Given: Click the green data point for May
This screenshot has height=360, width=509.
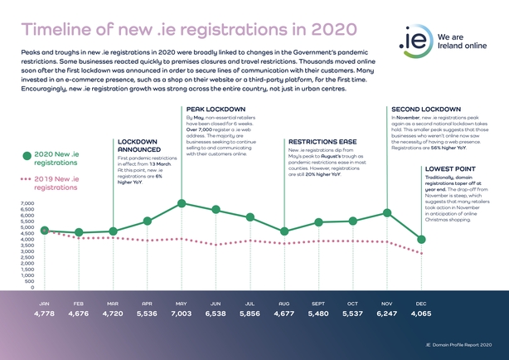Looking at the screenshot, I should [x=182, y=203].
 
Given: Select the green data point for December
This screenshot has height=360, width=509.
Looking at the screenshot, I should [x=422, y=240].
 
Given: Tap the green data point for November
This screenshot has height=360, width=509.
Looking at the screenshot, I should [x=387, y=213].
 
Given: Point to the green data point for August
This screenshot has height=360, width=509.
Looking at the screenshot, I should [x=284, y=231].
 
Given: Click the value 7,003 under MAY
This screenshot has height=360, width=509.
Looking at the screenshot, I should [x=182, y=315].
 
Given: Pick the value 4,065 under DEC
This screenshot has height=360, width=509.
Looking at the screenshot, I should [x=422, y=315].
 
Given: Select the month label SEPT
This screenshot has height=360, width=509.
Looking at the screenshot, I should [x=319, y=304].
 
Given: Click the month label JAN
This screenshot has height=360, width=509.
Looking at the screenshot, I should [x=45, y=304].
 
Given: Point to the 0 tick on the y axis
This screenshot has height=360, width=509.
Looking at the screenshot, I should [x=32, y=288].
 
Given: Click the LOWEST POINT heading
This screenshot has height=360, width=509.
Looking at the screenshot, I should [x=448, y=168].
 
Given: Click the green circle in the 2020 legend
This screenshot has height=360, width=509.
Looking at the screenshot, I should [x=27, y=155].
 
